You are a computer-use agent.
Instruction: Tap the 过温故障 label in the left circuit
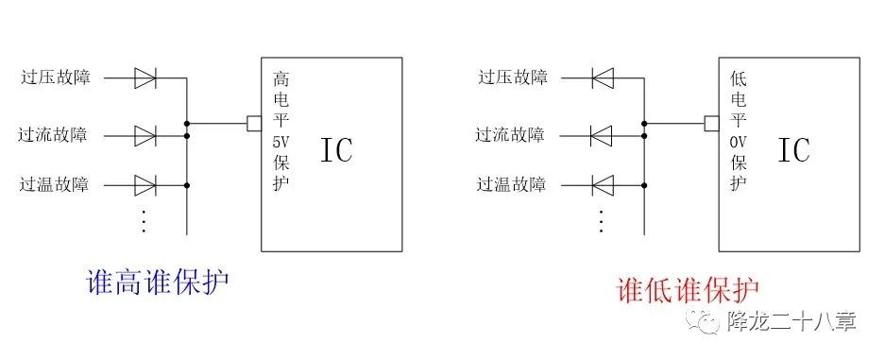54,184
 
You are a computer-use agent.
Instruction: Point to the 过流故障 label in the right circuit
510,135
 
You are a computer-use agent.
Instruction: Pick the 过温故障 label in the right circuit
511,184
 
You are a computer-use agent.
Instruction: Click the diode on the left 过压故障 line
145,77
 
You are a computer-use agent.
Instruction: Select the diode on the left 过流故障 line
145,135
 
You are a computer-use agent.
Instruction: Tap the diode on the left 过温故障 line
145,184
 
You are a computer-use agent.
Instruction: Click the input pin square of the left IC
253,123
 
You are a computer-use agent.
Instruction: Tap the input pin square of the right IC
710,123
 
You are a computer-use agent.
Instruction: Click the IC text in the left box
336,150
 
